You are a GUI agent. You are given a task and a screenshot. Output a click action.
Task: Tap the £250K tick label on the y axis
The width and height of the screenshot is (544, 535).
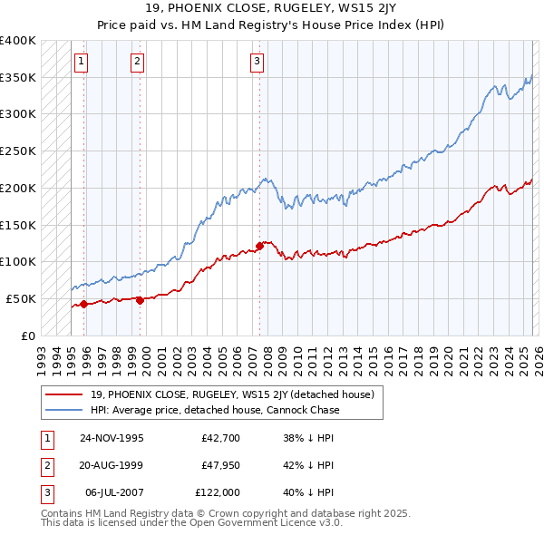pyautogui.click(x=17, y=151)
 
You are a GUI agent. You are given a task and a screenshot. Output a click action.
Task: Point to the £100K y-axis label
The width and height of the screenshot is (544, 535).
pyautogui.click(x=17, y=261)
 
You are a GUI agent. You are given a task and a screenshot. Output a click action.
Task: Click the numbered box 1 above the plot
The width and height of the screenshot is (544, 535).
pyautogui.click(x=82, y=62)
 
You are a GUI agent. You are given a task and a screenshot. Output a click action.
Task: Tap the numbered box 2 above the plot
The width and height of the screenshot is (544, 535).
pyautogui.click(x=137, y=62)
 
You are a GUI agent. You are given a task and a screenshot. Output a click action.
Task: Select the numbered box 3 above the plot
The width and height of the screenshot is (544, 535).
pyautogui.click(x=257, y=62)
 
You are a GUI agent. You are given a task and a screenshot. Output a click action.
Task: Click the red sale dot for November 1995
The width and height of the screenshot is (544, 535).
pyautogui.click(x=83, y=304)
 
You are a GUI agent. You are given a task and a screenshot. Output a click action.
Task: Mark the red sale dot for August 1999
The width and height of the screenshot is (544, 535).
pyautogui.click(x=140, y=300)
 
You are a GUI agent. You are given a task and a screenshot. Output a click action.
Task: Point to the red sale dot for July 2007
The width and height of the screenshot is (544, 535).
pyautogui.click(x=259, y=245)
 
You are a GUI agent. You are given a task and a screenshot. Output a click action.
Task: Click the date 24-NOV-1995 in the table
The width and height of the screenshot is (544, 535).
pyautogui.click(x=112, y=437)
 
